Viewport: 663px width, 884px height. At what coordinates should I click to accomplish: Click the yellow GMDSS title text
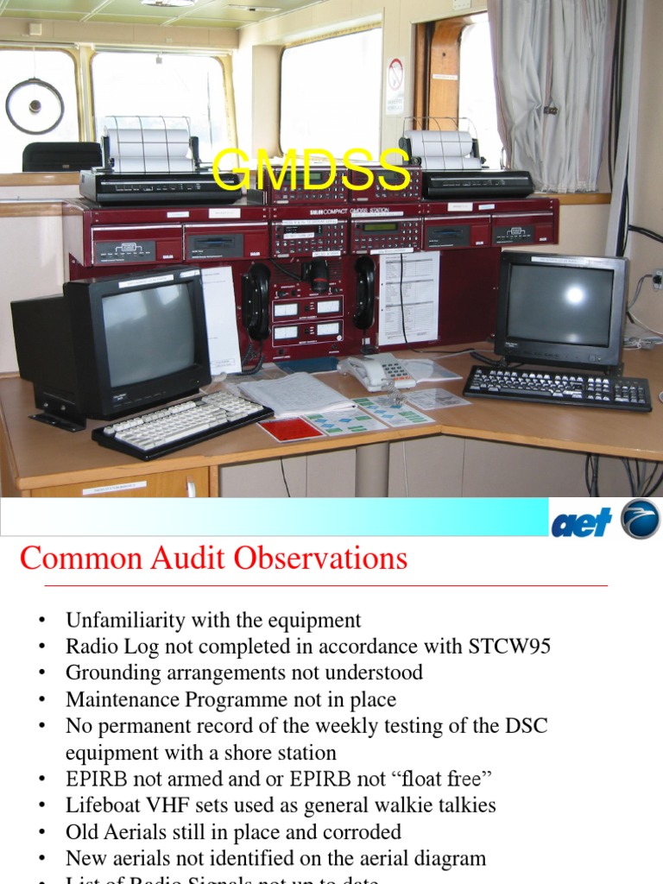[311, 169]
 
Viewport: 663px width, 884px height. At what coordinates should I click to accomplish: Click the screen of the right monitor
[559, 304]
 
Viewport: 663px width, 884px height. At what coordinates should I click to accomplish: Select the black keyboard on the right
[557, 388]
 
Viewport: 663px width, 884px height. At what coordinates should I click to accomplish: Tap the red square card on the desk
[291, 428]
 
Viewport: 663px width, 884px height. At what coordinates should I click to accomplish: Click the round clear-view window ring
[35, 105]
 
